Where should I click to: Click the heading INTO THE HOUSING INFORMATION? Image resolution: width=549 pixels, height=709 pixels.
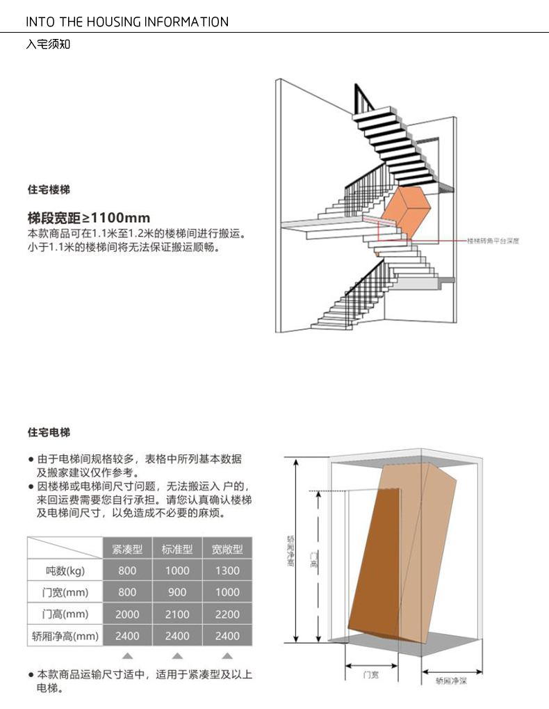click(x=127, y=22)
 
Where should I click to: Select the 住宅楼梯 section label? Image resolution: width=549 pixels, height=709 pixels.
click(x=49, y=189)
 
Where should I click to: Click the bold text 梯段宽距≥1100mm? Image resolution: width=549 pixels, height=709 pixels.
click(x=88, y=217)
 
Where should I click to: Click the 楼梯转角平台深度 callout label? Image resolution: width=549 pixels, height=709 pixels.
click(x=493, y=240)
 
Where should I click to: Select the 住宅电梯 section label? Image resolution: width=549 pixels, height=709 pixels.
click(x=49, y=432)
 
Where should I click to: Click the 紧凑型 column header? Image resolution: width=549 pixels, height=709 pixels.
click(x=127, y=548)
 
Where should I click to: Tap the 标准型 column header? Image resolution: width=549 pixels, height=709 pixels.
click(x=177, y=548)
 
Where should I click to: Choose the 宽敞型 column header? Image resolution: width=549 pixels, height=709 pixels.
click(x=227, y=548)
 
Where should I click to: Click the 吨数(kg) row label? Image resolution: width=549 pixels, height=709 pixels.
click(x=65, y=571)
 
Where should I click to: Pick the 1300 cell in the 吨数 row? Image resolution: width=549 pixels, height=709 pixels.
click(x=227, y=571)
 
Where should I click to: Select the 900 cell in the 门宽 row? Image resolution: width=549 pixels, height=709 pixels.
click(x=177, y=592)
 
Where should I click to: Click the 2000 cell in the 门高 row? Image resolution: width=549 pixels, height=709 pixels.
click(x=127, y=614)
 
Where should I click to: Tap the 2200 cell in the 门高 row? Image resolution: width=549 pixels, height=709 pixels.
click(x=227, y=614)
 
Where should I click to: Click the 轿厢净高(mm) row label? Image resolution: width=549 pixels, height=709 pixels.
click(x=65, y=636)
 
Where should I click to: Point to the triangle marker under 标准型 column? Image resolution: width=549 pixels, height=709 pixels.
click(x=177, y=655)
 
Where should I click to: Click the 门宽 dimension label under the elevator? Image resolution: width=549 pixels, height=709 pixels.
click(x=371, y=675)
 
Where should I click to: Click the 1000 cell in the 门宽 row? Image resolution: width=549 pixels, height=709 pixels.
click(x=227, y=592)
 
